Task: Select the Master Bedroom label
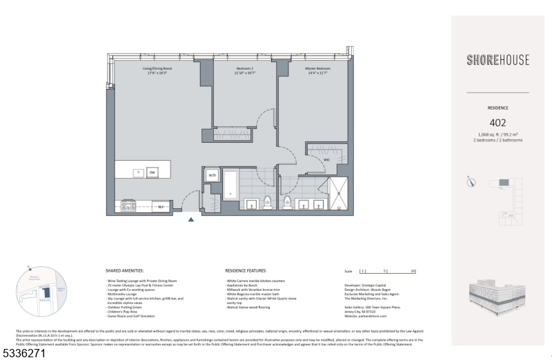tap(318, 70)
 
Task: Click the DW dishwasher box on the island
tap(151, 172)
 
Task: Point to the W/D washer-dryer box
tap(213, 176)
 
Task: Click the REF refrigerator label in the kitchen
tap(160, 206)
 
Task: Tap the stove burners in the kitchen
tap(127, 205)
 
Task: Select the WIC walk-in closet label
tap(326, 159)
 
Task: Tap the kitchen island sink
tap(137, 172)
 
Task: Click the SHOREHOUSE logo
tap(497, 60)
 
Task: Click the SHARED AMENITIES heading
tap(127, 271)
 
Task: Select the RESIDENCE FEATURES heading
tap(246, 271)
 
